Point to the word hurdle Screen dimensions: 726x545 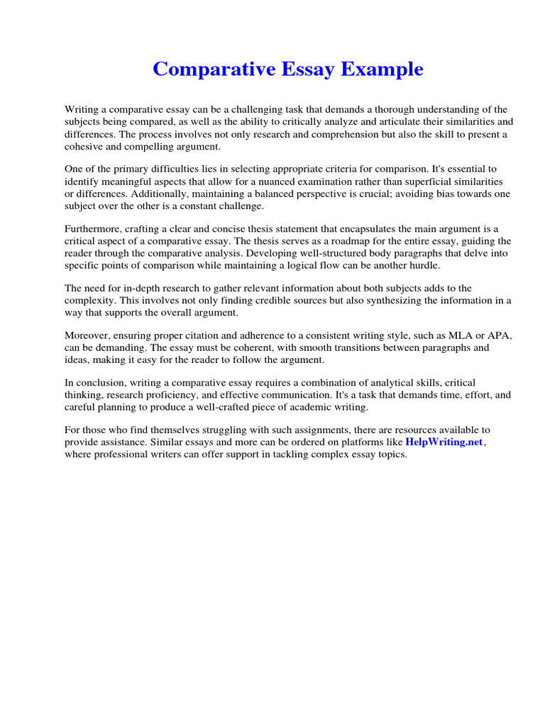[424, 265]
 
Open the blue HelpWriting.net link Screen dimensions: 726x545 [444, 442]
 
